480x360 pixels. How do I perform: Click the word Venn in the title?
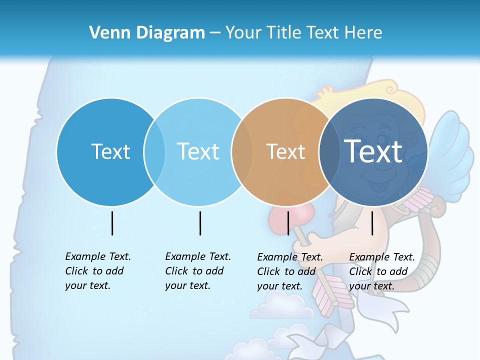[x=106, y=33]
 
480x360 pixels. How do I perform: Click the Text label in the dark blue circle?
[x=373, y=151]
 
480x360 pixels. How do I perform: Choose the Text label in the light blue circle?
[x=198, y=151]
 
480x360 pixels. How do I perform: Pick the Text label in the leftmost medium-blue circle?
[x=110, y=151]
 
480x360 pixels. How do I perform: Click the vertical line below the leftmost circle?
[x=112, y=223]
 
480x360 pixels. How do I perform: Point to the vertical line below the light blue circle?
[x=200, y=223]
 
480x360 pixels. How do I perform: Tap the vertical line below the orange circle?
[x=288, y=223]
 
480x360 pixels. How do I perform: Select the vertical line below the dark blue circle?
[x=372, y=223]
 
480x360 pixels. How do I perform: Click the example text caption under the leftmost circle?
[x=98, y=271]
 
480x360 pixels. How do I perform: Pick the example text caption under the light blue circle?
[x=198, y=271]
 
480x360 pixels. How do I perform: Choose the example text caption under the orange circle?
[x=290, y=271]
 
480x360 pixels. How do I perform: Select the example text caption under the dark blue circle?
[x=382, y=271]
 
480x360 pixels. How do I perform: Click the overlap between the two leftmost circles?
[x=154, y=152]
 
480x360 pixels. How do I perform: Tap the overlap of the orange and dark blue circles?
[x=328, y=152]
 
